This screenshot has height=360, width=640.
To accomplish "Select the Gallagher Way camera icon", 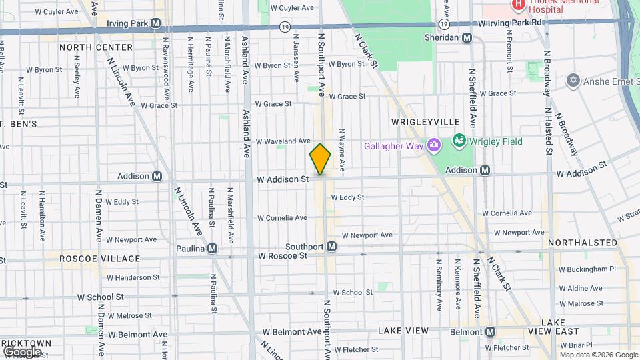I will [x=434, y=145].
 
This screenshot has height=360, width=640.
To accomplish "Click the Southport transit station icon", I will [x=331, y=247].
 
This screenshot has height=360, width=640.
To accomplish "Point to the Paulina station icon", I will [x=212, y=248].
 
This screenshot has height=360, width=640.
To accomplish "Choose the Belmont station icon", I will [x=490, y=331].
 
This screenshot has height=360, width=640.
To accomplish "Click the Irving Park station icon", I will [x=155, y=23].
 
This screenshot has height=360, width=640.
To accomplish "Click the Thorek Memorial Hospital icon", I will [x=517, y=5].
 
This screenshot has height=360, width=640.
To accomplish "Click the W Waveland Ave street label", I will [x=285, y=141].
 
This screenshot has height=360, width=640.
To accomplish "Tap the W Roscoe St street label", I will [x=283, y=255].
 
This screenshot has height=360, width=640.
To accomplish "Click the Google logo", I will [x=22, y=351].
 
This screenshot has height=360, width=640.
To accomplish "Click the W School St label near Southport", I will [x=353, y=292].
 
